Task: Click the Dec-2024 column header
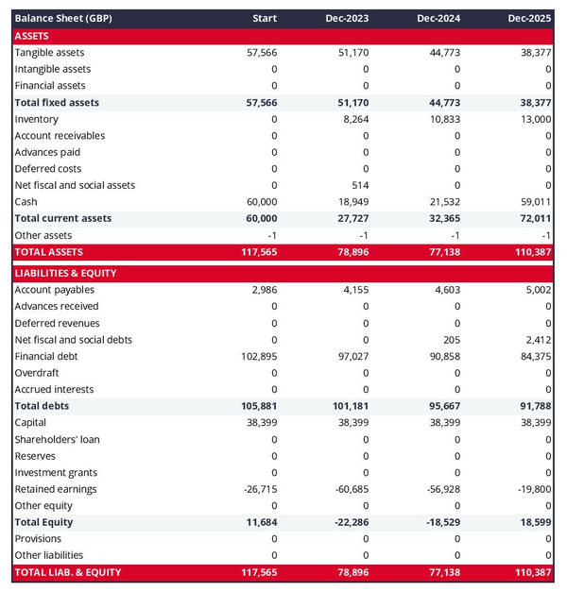pyautogui.click(x=438, y=19)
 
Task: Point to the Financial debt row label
pyautogui.click(x=46, y=356)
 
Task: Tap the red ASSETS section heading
pyautogui.click(x=32, y=36)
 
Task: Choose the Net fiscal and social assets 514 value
pyautogui.click(x=359, y=185)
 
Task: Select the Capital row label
pyautogui.click(x=31, y=423)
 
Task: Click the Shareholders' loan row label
pyautogui.click(x=57, y=439)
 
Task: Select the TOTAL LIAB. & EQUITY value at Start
pyautogui.click(x=257, y=572)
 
